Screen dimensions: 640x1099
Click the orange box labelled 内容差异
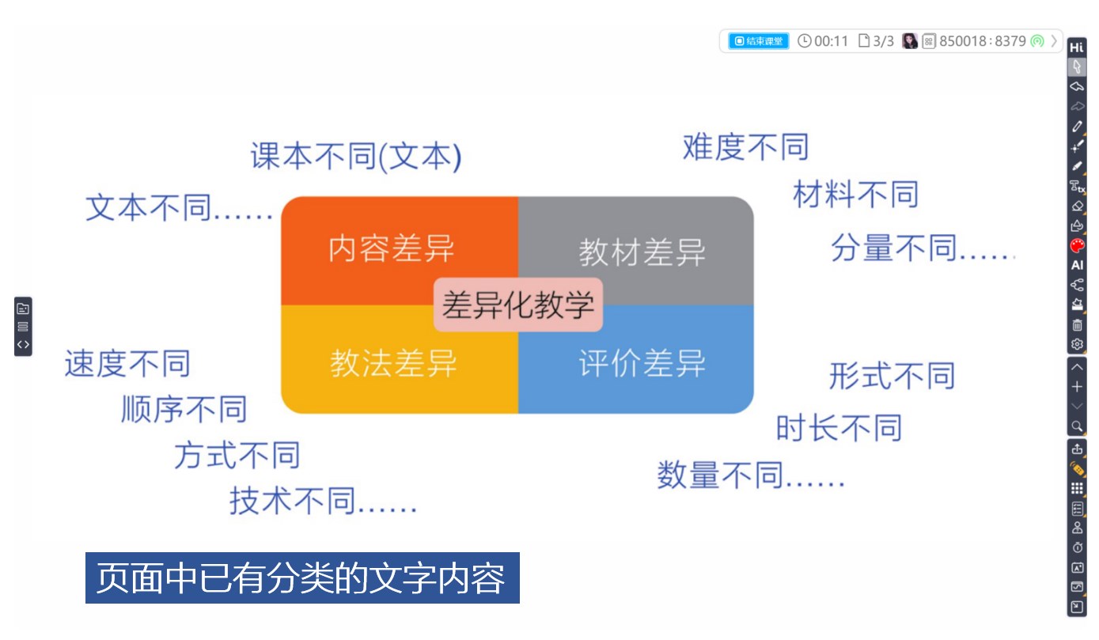392,248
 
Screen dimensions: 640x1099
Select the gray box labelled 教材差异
642,252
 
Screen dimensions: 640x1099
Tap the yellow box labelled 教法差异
393,364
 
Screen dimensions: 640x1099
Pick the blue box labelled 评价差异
642,364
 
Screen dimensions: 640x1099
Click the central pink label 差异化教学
517,305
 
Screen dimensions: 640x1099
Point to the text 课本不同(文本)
356,157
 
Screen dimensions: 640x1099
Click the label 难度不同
745,147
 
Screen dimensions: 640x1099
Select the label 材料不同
855,194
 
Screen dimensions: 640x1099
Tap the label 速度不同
127,364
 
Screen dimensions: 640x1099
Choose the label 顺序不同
184,410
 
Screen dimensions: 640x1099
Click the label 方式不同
237,456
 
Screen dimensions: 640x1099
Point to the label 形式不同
892,376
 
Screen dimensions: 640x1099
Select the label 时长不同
839,428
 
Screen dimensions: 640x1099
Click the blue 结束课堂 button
759,41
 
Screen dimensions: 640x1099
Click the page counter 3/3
877,41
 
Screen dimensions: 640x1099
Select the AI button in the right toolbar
1077,265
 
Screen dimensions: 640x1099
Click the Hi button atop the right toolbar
1077,47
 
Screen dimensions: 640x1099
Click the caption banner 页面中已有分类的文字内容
302,578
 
